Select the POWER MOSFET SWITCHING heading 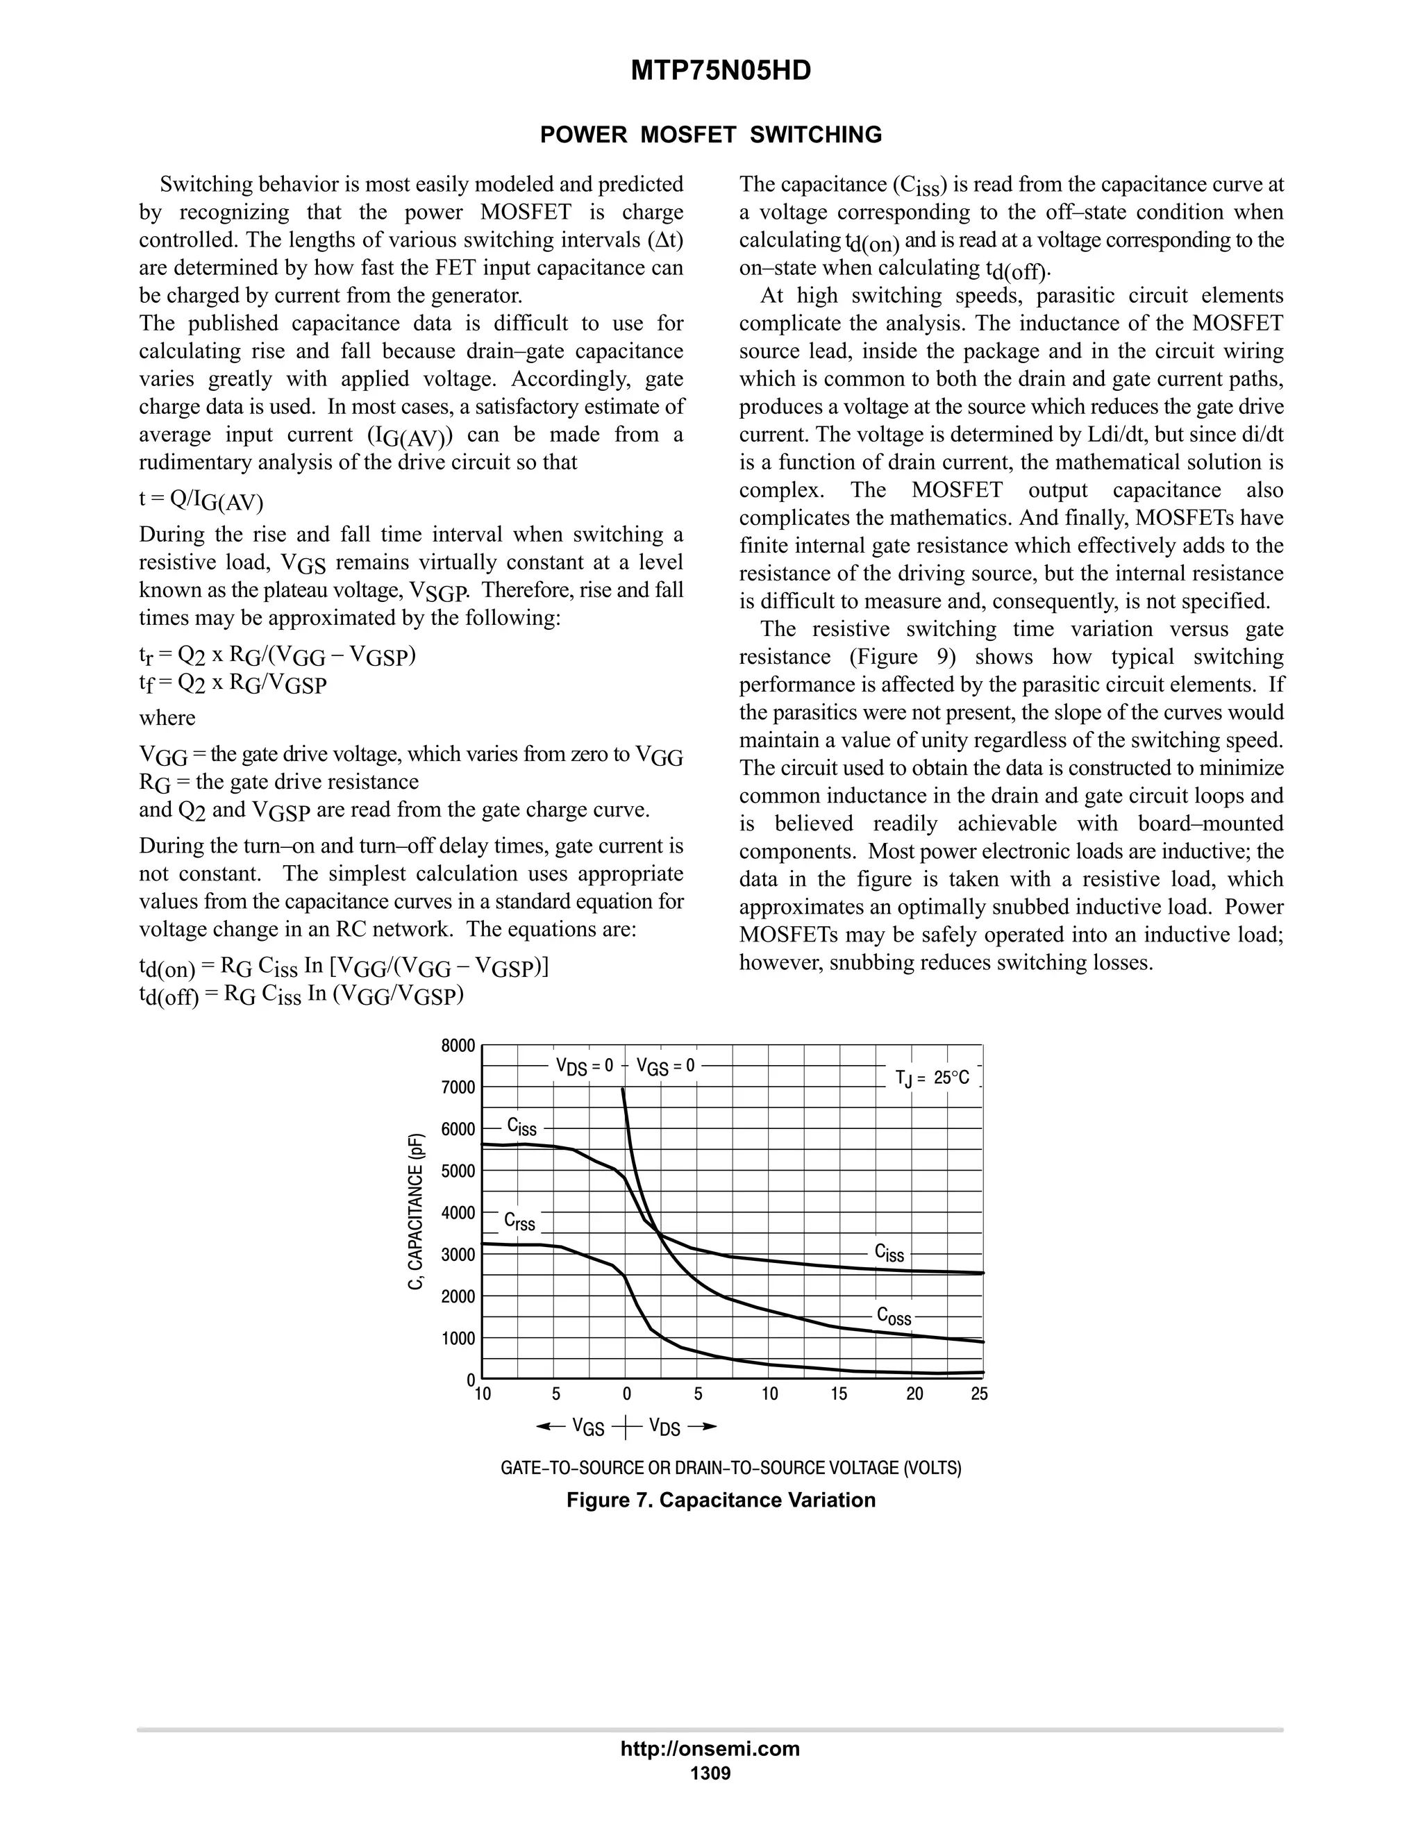pos(710,135)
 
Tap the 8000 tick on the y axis pos(458,1046)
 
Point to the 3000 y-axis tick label pos(458,1255)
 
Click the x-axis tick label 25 pos(979,1394)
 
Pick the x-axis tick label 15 pos(839,1394)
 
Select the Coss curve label pos(894,1316)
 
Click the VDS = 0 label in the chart pos(585,1066)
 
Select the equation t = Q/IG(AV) pos(201,501)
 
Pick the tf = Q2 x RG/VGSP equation pos(233,684)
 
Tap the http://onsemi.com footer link pos(710,1749)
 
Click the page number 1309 pos(710,1773)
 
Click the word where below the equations pos(167,718)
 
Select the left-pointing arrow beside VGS pos(550,1426)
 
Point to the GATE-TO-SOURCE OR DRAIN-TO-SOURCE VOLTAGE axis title pos(730,1469)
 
